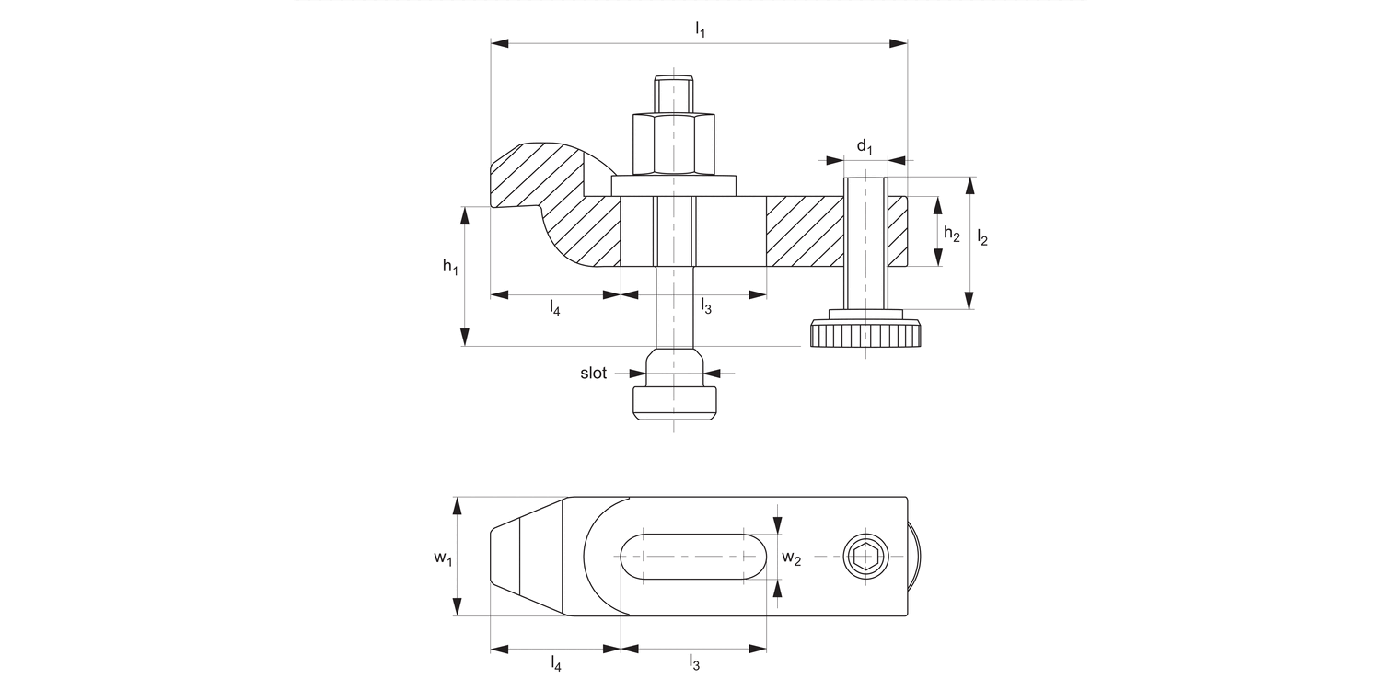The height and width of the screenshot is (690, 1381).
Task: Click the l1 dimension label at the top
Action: [700, 29]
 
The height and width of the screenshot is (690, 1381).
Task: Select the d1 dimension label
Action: [864, 146]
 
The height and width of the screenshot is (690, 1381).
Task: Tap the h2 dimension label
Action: [952, 236]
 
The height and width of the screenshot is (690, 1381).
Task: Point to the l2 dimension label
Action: [982, 239]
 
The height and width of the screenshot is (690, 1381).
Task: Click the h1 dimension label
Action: [449, 267]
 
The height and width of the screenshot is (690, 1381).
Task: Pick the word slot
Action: [593, 374]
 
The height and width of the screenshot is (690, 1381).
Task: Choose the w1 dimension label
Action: [443, 558]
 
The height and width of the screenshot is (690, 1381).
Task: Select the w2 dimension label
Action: [791, 558]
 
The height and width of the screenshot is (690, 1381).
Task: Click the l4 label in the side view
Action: [554, 308]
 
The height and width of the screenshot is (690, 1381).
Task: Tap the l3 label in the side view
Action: [706, 306]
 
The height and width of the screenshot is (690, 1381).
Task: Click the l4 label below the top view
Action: [554, 662]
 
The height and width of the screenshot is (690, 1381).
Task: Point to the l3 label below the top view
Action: [694, 662]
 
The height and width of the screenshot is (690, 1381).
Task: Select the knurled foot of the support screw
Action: [865, 334]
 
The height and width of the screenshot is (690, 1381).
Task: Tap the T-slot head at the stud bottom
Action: [673, 402]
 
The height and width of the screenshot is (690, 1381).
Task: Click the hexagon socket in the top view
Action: [865, 557]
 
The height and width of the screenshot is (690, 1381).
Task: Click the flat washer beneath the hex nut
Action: [673, 185]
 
